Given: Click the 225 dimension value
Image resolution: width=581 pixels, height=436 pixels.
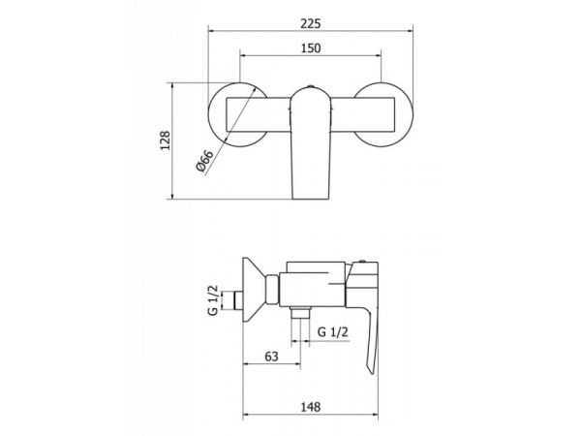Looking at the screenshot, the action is (x=310, y=23).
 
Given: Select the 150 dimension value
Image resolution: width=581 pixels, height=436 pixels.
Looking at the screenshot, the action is (x=311, y=48).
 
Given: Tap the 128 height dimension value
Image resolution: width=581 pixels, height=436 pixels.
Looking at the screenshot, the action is (x=165, y=140).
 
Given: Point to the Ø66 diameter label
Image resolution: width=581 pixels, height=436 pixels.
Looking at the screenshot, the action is (x=204, y=161).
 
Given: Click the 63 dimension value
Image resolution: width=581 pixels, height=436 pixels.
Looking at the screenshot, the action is (x=271, y=357).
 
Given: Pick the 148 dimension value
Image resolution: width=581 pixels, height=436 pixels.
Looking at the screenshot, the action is (x=310, y=407).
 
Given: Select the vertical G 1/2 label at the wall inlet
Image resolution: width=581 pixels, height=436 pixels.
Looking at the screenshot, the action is (x=213, y=300).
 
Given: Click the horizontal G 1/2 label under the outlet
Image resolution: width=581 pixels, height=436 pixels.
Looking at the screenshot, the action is (x=333, y=331).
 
